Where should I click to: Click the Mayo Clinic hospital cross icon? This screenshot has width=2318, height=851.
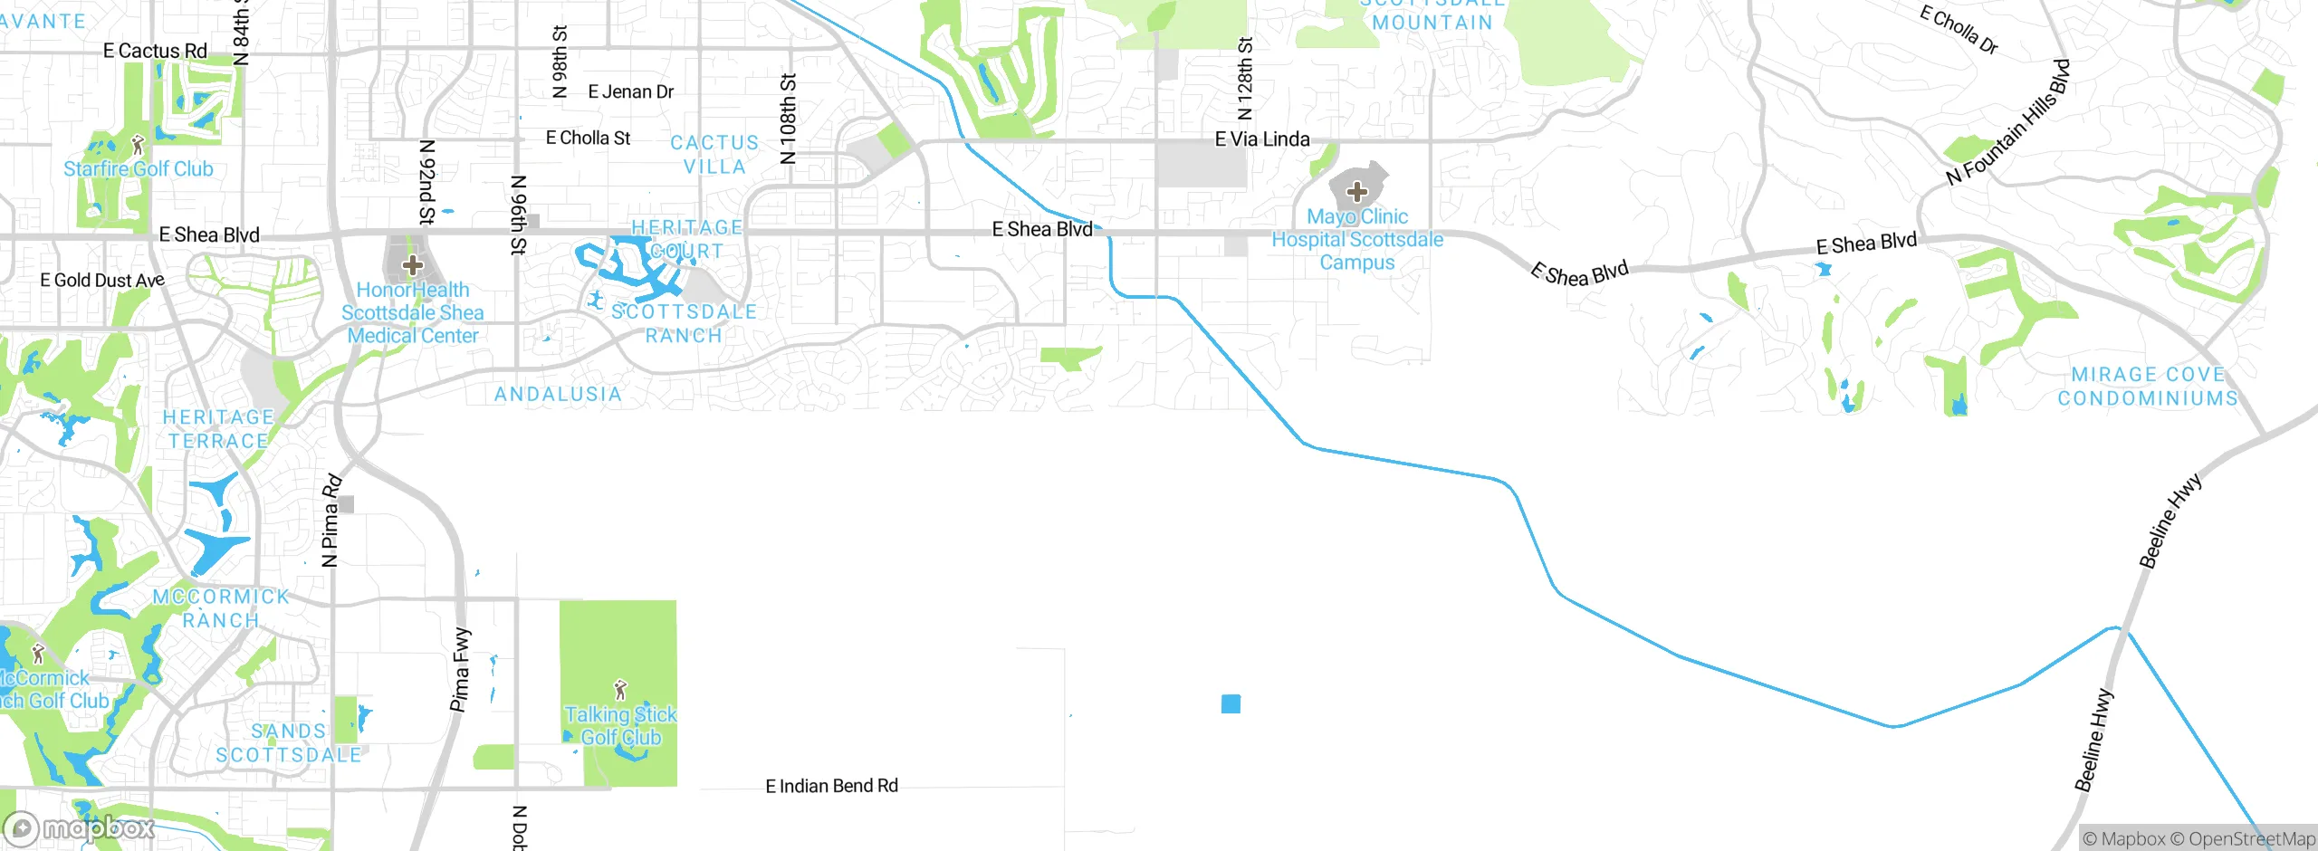pos(1356,192)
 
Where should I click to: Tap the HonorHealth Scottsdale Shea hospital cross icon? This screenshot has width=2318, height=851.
pos(413,265)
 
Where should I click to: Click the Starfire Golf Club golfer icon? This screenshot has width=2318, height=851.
pos(138,145)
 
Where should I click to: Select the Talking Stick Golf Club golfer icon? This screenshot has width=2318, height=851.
pos(620,691)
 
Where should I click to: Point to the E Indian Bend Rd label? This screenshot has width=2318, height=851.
pos(831,786)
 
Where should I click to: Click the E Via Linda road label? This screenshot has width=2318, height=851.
pos(1262,139)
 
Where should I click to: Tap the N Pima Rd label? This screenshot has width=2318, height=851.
pos(331,521)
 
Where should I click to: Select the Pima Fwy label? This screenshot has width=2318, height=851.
pos(461,669)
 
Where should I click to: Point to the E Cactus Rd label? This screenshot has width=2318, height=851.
pos(155,51)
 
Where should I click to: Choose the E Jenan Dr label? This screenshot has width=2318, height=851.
pos(631,91)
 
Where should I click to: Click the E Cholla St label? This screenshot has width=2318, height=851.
pos(588,138)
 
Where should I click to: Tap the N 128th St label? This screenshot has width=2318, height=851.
pos(1246,79)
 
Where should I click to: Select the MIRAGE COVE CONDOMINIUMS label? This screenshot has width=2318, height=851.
pos(2147,387)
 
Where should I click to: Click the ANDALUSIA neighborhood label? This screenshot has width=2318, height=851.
pos(558,394)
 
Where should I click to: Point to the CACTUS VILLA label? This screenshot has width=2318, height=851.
pos(714,155)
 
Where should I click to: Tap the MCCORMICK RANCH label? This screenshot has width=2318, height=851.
pos(221,608)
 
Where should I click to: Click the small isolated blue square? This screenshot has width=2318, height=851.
pos(1231,703)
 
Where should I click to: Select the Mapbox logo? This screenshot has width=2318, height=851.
pos(80,828)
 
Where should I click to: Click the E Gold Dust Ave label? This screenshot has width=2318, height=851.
pos(102,281)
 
